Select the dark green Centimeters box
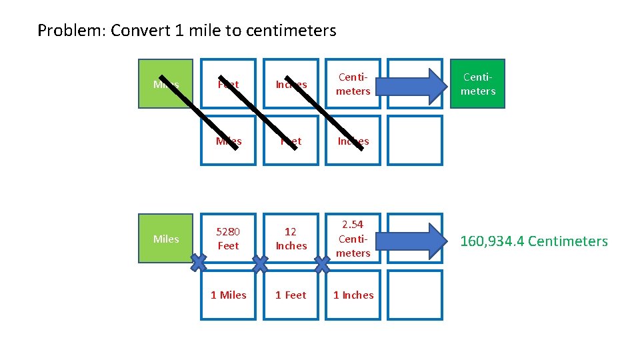click(478, 84)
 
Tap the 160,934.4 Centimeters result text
click(534, 241)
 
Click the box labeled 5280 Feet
click(228, 239)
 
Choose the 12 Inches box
click(291, 239)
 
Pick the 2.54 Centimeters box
click(353, 239)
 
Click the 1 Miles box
click(228, 295)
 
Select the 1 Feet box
click(291, 295)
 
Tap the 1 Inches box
click(353, 295)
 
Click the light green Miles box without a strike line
click(165, 239)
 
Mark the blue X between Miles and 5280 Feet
click(197, 265)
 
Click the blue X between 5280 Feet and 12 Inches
click(259, 265)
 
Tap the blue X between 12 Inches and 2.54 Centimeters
click(322, 265)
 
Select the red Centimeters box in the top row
click(353, 84)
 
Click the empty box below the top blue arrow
click(415, 140)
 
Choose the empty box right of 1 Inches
click(415, 295)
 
